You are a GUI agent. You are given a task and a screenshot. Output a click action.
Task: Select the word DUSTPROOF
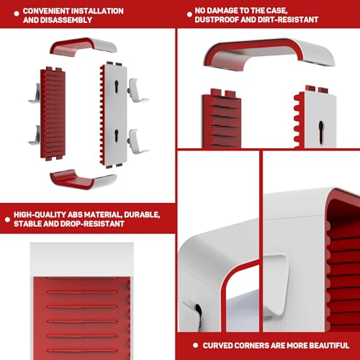(x=217, y=19)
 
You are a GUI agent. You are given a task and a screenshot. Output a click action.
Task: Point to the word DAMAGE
(x=222, y=11)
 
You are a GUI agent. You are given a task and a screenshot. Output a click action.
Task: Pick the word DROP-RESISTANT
(x=92, y=224)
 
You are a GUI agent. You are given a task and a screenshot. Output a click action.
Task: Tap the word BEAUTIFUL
(x=329, y=346)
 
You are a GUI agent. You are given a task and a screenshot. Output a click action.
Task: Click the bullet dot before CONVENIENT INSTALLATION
(x=17, y=14)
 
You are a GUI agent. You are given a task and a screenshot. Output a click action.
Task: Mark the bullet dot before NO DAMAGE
(x=189, y=14)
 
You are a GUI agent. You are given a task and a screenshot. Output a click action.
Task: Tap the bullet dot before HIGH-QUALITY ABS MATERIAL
(x=7, y=220)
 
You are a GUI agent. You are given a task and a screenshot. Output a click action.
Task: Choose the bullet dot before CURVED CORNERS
(x=195, y=346)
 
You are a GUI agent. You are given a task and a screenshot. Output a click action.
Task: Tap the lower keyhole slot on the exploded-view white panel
(x=117, y=135)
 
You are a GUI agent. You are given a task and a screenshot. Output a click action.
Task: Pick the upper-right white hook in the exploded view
(x=137, y=91)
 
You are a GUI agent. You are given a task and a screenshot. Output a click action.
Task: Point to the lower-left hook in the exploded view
(x=35, y=135)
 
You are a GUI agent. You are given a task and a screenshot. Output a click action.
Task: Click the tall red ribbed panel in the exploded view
(x=53, y=114)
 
